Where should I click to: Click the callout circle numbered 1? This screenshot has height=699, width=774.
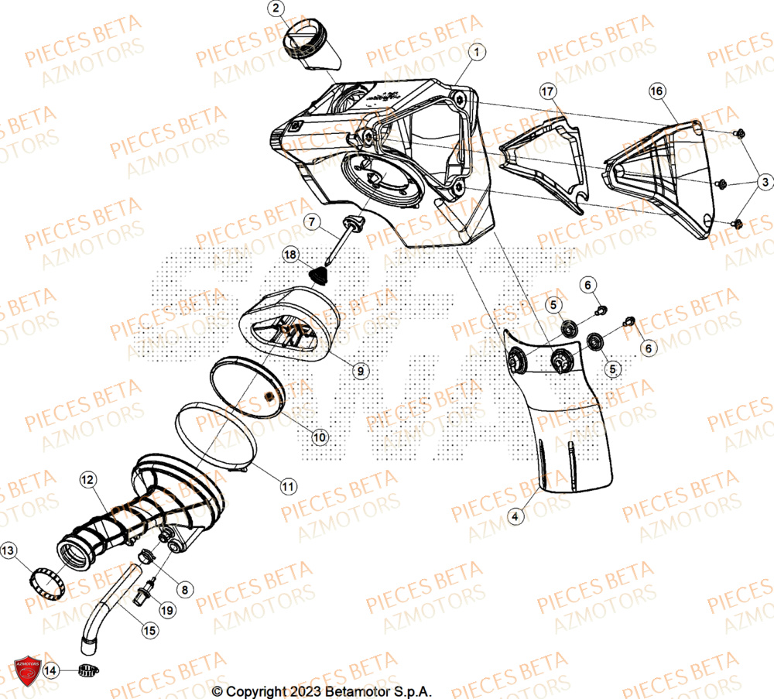(x=477, y=53)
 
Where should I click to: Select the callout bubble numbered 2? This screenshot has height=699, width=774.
(x=277, y=9)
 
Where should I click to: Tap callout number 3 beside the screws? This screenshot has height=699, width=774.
(x=763, y=182)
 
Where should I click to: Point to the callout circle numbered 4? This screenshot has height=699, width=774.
(x=517, y=514)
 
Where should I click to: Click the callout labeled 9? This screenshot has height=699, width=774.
(x=359, y=372)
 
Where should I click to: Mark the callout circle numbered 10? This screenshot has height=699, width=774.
(x=320, y=437)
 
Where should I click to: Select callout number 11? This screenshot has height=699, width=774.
(x=287, y=487)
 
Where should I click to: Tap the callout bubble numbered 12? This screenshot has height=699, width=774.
(x=87, y=481)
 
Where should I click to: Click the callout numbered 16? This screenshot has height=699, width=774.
(x=656, y=92)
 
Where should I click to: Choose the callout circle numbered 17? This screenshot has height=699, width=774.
(x=547, y=92)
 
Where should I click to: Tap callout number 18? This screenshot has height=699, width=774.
(x=289, y=254)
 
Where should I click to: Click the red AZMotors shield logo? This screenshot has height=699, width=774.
(x=26, y=668)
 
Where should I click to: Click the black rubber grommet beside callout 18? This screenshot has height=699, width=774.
(x=318, y=274)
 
